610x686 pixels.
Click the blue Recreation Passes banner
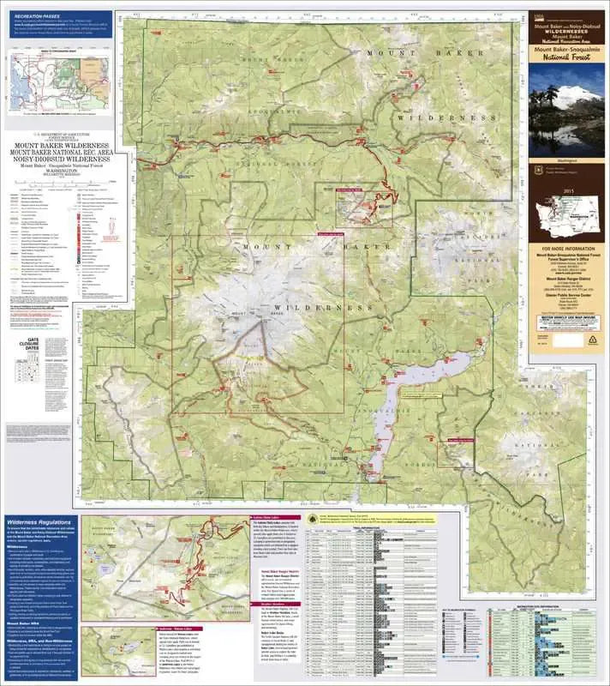click(57, 17)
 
